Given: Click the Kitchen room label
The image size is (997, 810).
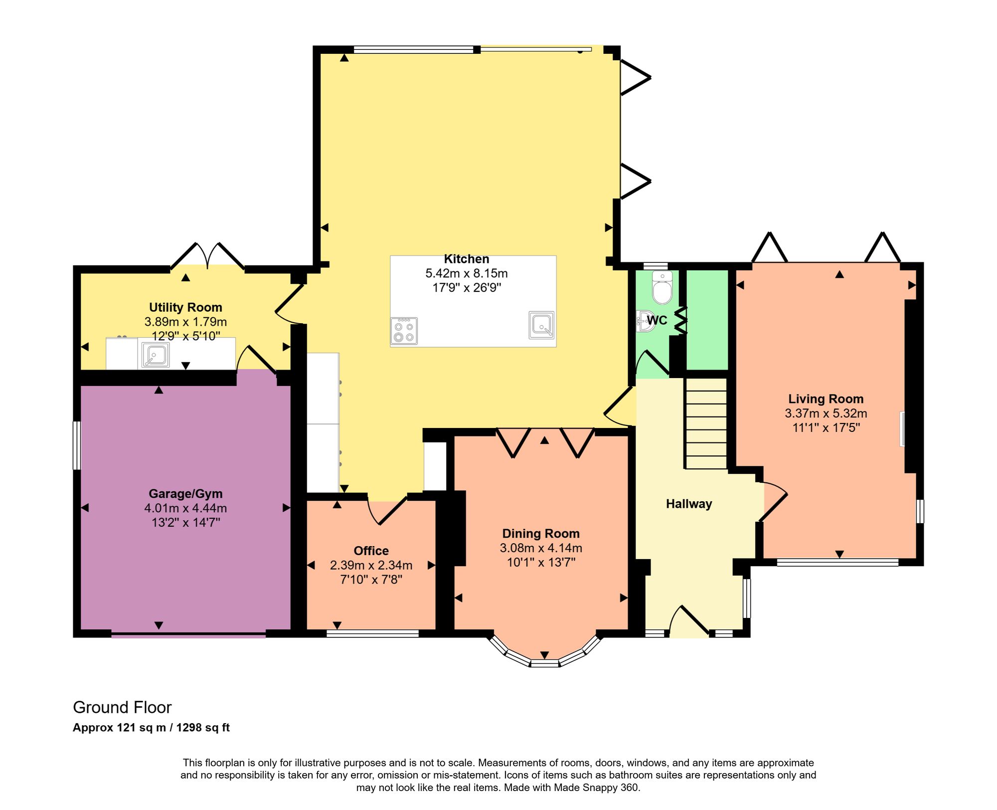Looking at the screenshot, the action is click(467, 259).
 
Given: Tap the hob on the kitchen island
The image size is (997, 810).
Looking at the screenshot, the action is click(404, 331).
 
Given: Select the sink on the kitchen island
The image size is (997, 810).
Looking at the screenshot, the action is click(541, 325).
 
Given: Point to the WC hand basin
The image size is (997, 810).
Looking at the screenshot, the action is click(646, 321).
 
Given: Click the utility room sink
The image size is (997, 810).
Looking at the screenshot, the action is click(156, 355).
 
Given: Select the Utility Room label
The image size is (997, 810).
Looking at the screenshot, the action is click(185, 307).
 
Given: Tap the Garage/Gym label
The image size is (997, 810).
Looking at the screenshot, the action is click(185, 494).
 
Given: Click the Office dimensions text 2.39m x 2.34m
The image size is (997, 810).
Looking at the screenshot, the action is click(371, 565).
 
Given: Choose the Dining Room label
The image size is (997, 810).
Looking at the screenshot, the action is click(541, 534).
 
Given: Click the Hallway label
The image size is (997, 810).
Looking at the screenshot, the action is click(689, 504).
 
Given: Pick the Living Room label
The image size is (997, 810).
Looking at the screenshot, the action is click(826, 399).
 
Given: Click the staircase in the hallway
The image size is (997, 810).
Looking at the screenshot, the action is click(706, 423).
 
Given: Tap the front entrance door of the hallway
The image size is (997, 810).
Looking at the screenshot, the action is click(689, 621).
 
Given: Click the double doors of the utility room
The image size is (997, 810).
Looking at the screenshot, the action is click(207, 256).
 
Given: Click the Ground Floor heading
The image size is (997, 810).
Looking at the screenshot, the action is click(122, 707).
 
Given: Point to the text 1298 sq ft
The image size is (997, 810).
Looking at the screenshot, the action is click(203, 728).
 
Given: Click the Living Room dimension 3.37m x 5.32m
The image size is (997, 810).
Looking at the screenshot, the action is click(826, 413).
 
